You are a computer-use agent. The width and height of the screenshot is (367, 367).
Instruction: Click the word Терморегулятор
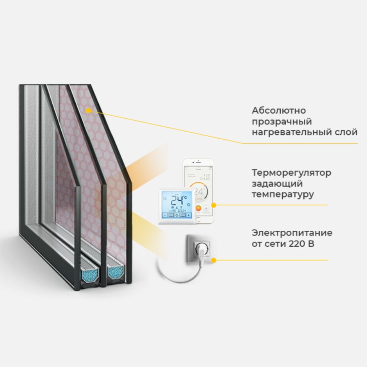pyautogui.click(x=291, y=173)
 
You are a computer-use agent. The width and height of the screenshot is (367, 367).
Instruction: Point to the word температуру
pyautogui.click(x=283, y=194)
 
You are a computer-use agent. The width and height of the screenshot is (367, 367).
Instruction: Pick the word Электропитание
pyautogui.click(x=292, y=233)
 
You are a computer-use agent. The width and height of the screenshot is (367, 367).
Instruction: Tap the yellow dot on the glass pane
pyautogui.click(x=89, y=110)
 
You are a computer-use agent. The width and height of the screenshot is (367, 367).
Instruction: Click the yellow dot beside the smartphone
pyautogui.click(x=214, y=205)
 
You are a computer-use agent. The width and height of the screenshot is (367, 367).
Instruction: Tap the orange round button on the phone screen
pyautogui.click(x=198, y=208)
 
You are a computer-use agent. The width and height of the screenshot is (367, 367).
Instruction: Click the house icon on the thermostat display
pyautogui.click(x=189, y=203)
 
